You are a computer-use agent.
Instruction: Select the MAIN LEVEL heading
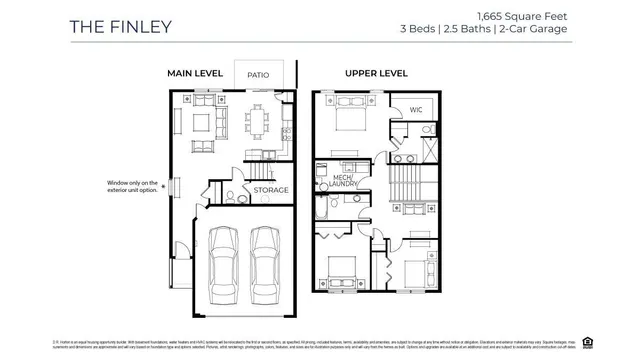(195, 73)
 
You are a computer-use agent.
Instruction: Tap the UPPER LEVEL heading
(376, 73)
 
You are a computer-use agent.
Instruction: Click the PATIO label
(259, 73)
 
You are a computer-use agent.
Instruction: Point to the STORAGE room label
(270, 190)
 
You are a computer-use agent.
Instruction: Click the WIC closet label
(416, 110)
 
